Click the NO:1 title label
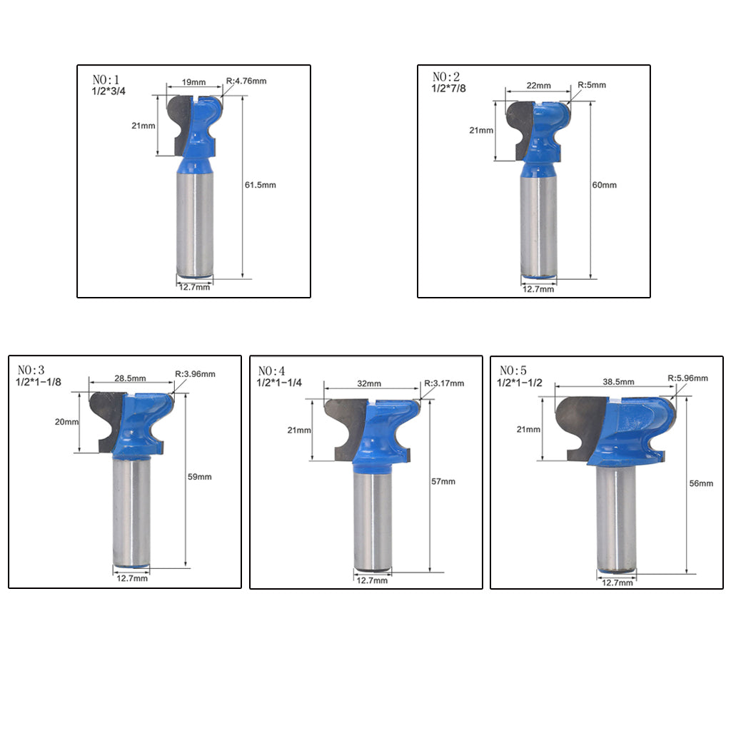point(106,79)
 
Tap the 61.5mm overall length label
point(260,185)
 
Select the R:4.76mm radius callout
point(246,81)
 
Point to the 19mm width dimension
point(193,83)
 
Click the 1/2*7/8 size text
point(448,89)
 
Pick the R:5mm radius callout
point(592,85)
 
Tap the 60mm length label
point(604,185)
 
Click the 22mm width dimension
point(538,86)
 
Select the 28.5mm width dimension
point(130,378)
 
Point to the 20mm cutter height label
point(66,422)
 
